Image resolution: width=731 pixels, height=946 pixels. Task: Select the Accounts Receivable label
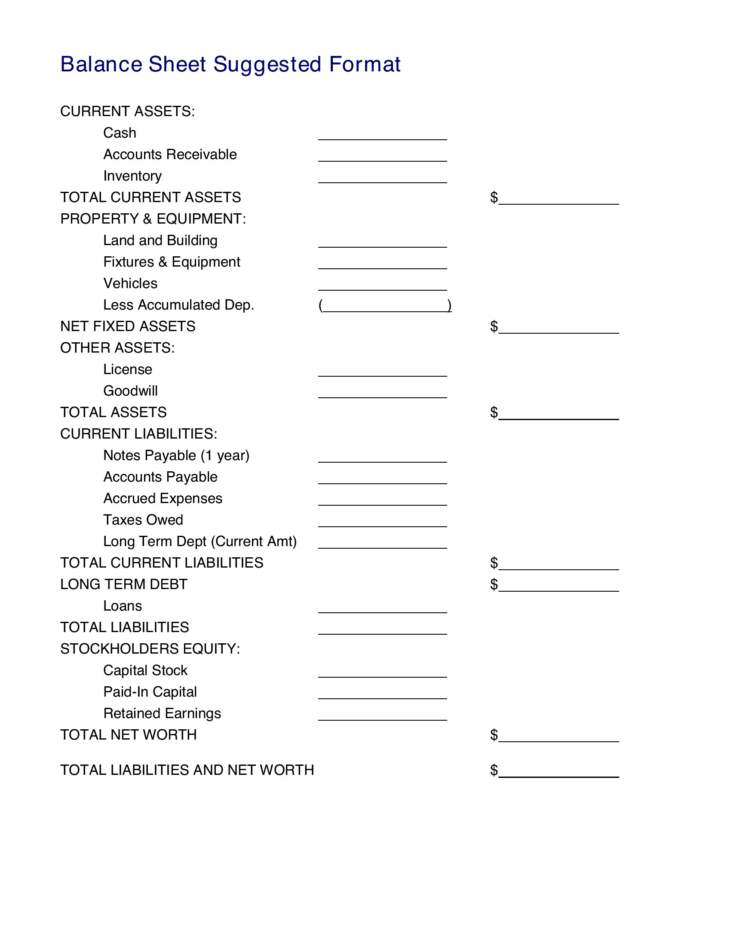pyautogui.click(x=170, y=155)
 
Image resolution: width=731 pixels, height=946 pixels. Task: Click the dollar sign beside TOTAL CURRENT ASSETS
pyautogui.click(x=494, y=197)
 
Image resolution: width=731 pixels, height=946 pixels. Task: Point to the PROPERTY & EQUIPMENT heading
pyautogui.click(x=153, y=219)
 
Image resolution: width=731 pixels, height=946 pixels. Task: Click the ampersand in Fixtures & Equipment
pyautogui.click(x=163, y=262)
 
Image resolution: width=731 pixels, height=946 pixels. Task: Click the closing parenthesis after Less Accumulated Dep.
pyautogui.click(x=449, y=305)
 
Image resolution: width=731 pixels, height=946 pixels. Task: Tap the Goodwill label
pyautogui.click(x=130, y=391)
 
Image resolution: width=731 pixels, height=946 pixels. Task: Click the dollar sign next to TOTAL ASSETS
pyautogui.click(x=494, y=412)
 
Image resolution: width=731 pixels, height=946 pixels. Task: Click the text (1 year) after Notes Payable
pyautogui.click(x=225, y=456)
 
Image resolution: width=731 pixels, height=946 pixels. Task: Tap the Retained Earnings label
pyautogui.click(x=162, y=713)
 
